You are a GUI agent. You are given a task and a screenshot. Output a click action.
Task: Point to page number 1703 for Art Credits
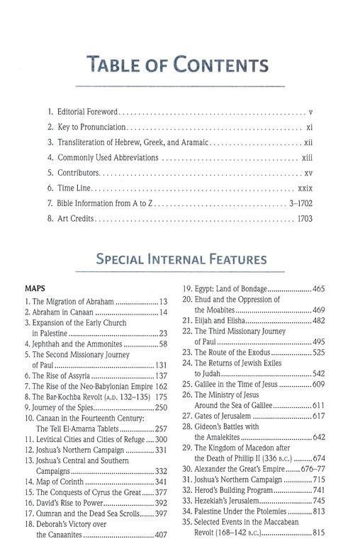304,221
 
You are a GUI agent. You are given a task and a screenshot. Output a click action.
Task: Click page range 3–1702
299,205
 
